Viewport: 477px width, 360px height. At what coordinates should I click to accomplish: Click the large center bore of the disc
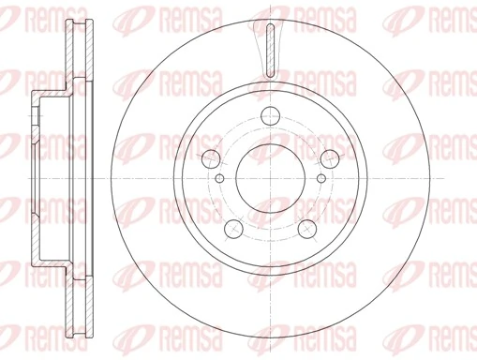tap(269, 177)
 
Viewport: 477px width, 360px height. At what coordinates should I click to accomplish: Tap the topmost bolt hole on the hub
tap(269, 117)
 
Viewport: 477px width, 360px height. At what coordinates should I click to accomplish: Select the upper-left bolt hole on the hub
tap(212, 158)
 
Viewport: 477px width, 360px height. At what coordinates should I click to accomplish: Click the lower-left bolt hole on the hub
tap(233, 226)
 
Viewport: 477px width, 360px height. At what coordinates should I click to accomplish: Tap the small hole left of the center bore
tap(219, 178)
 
